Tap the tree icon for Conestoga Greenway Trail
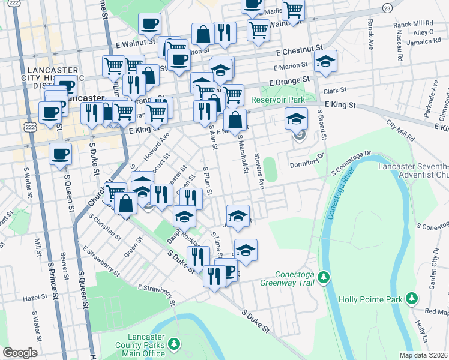(324, 277)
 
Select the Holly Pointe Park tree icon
(412, 298)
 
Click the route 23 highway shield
(387, 8)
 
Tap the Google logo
(19, 352)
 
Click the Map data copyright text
(424, 355)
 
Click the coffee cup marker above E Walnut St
(149, 25)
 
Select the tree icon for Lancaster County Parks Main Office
(174, 343)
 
